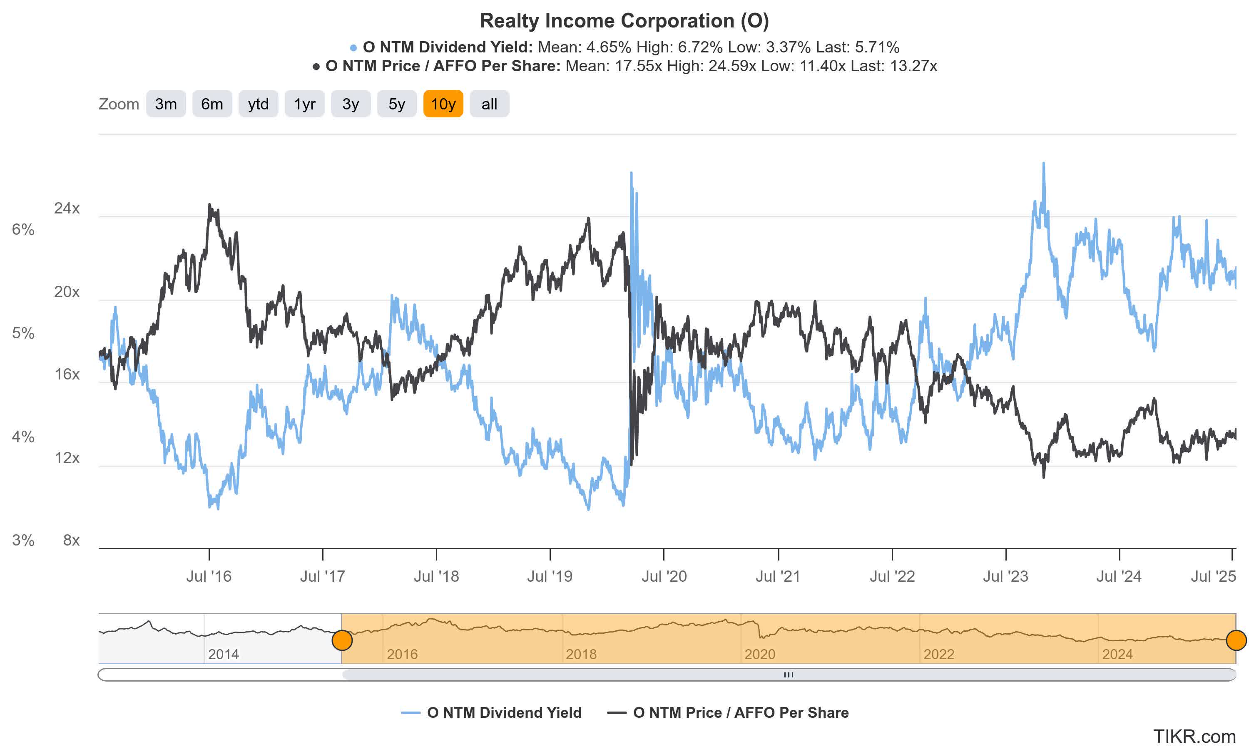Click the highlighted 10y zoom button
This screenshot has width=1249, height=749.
coord(443,104)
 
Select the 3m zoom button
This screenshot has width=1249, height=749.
coord(166,104)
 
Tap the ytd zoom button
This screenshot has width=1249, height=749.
coord(258,104)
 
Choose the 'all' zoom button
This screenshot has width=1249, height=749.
coord(489,104)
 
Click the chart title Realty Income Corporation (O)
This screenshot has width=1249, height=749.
coord(624,21)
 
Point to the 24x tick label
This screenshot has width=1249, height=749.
coord(67,208)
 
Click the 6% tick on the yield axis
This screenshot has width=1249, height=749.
coord(23,230)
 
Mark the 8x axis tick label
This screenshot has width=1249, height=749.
coord(71,540)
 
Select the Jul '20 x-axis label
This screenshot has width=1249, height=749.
coord(664,576)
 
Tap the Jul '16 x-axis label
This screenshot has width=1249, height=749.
coord(209,576)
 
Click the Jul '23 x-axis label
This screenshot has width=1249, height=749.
coord(1005,576)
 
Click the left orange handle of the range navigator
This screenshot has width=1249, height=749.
coord(342,640)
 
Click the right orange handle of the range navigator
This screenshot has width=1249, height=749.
coord(1236,640)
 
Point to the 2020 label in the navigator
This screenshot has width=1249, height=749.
coord(759,654)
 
